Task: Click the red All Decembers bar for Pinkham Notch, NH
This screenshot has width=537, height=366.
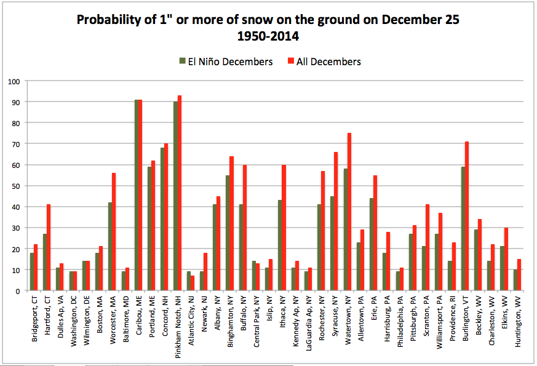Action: click(x=180, y=193)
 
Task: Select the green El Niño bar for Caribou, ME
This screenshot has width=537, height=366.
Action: click(x=137, y=195)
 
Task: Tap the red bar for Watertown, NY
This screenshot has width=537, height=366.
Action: click(x=349, y=212)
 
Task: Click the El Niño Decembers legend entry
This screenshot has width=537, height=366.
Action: click(x=226, y=62)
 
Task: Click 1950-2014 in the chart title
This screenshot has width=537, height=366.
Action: click(x=268, y=36)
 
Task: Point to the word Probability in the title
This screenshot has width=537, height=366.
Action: click(x=106, y=20)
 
